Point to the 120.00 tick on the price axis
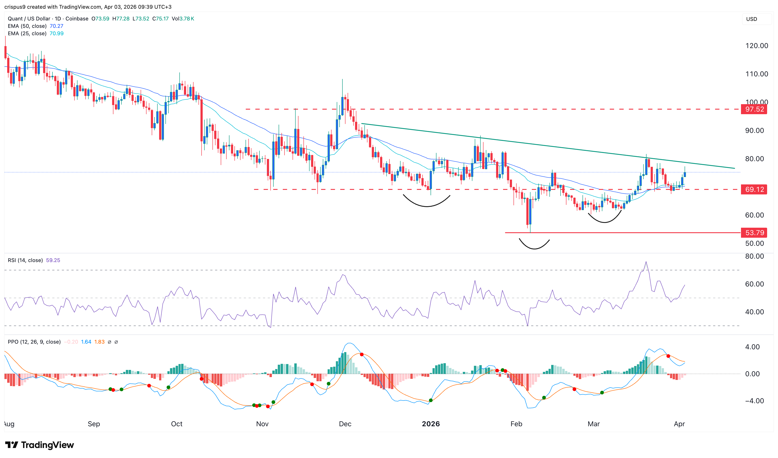756,46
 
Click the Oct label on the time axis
177,424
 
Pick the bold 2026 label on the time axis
431,424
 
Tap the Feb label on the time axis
516,424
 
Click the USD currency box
751,19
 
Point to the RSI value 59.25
53,260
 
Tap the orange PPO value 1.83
99,342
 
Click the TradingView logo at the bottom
40,445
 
